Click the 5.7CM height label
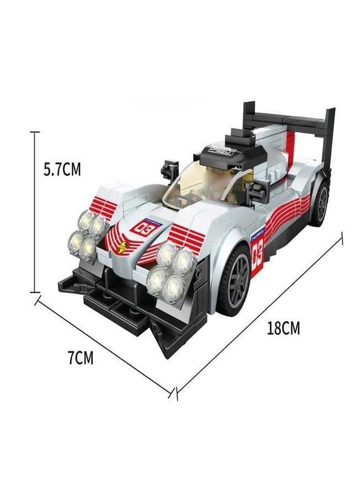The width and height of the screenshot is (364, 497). coord(62,169)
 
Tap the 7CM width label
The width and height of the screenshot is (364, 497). coord(81,358)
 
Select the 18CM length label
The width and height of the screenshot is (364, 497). coord(283,329)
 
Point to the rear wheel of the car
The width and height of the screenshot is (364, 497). coord(319,202)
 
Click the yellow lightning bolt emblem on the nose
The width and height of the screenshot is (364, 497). coord(119,247)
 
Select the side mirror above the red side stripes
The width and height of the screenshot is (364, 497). coord(255,191)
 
